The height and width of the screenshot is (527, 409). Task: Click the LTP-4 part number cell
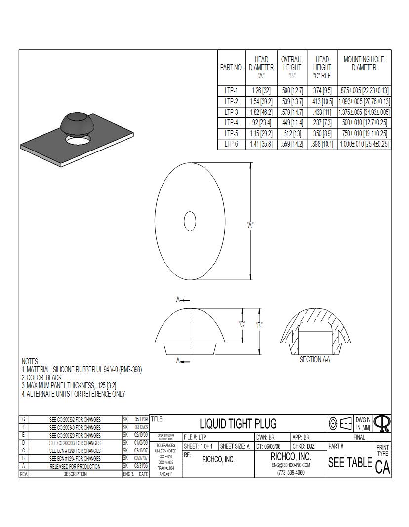click(x=231, y=123)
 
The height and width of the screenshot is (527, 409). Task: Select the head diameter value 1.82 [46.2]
click(x=261, y=112)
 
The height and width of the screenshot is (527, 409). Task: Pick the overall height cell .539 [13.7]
click(x=291, y=102)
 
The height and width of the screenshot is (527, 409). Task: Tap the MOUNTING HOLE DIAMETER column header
click(x=364, y=64)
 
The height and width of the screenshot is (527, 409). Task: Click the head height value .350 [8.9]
click(x=322, y=133)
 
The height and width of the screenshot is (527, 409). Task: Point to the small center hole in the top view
click(x=190, y=221)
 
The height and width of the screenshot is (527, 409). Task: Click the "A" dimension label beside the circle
click(x=250, y=225)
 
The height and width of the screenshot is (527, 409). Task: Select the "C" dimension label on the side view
click(x=242, y=324)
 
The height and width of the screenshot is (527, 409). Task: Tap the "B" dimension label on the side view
click(x=259, y=325)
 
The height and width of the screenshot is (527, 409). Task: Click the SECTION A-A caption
click(x=315, y=360)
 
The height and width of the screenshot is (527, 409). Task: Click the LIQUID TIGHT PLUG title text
click(x=238, y=423)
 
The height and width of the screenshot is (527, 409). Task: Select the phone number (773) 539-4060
click(x=290, y=473)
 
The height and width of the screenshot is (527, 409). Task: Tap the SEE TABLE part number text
click(x=350, y=463)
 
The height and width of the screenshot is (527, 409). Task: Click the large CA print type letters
click(x=382, y=467)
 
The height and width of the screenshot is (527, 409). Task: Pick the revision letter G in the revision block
click(x=23, y=419)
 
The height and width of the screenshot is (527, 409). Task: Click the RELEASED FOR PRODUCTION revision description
click(x=75, y=466)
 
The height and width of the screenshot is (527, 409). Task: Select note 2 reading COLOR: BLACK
click(x=42, y=377)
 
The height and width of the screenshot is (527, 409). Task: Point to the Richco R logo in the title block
click(x=382, y=423)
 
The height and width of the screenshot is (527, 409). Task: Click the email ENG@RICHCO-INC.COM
click(x=290, y=465)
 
